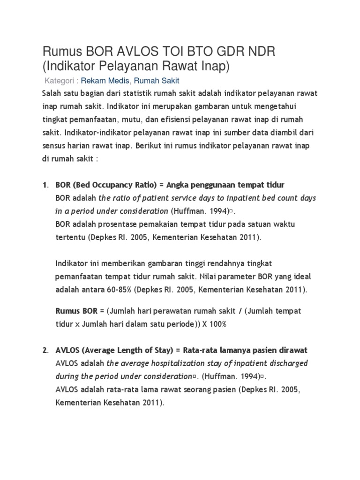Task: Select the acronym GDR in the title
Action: (228, 52)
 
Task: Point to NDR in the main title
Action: (263, 52)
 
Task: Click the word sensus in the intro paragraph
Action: (53, 145)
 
